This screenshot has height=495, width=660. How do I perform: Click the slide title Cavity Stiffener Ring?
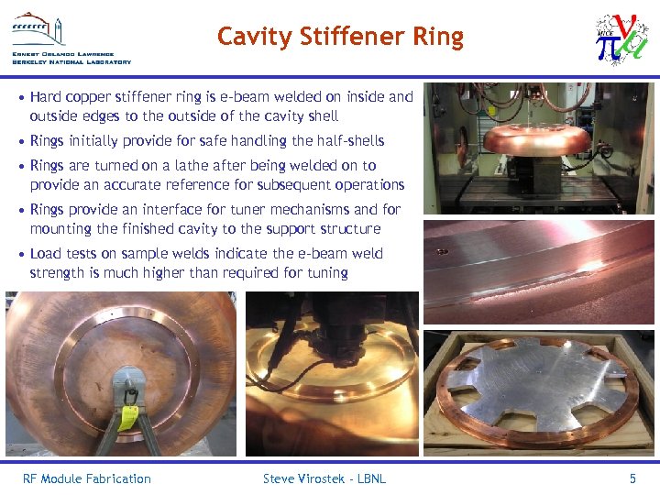click(340, 38)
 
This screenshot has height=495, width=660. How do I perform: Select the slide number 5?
click(632, 478)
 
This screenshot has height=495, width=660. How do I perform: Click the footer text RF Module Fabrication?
click(87, 478)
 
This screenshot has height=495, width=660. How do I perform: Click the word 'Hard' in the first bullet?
click(47, 96)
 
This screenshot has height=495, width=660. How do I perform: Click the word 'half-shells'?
click(350, 141)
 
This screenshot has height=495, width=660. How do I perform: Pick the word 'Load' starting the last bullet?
click(46, 254)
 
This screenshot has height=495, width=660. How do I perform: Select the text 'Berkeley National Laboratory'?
click(71, 62)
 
